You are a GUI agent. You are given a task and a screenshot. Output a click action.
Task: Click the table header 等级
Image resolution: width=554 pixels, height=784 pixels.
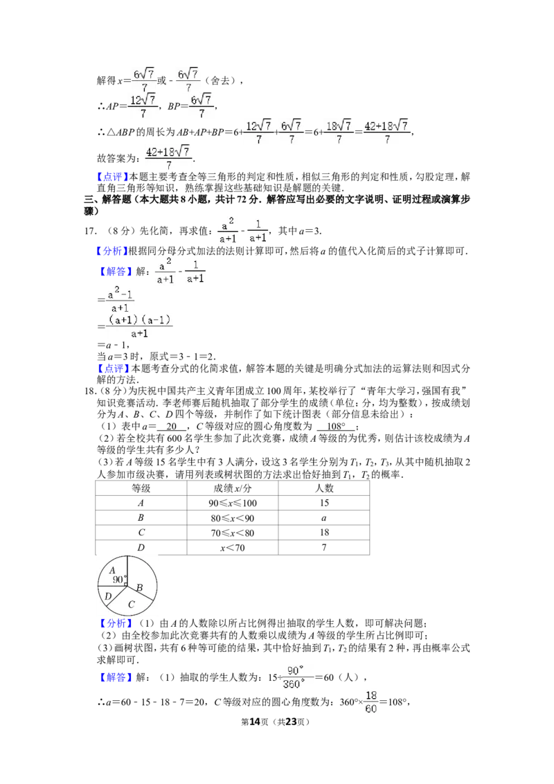click(141, 488)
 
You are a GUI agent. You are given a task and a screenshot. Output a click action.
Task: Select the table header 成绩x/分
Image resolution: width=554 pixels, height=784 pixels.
click(233, 488)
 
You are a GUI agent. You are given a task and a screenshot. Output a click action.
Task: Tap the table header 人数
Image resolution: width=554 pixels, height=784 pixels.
click(324, 488)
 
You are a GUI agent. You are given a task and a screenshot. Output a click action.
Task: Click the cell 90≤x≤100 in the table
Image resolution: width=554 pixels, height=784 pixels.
click(233, 503)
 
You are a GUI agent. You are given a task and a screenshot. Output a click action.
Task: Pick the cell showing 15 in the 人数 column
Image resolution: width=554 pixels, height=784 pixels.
click(324, 503)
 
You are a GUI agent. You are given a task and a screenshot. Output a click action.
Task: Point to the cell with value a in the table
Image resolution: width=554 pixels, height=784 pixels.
click(324, 518)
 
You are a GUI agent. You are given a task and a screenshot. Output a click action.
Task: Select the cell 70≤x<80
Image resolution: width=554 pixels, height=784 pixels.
click(233, 533)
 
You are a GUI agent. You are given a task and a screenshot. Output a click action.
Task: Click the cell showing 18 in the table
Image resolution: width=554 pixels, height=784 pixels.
click(324, 533)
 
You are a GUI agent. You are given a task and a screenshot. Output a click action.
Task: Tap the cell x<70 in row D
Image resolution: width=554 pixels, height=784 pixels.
click(233, 548)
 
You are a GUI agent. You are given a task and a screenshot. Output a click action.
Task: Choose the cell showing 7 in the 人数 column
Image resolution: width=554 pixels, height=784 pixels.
click(324, 548)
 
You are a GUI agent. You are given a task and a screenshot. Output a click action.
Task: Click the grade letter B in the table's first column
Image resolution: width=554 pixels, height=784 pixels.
click(141, 518)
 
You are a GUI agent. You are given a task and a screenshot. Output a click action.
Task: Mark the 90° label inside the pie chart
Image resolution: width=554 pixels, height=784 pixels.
click(118, 580)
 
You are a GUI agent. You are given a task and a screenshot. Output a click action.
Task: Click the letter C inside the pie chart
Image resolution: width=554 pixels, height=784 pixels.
click(131, 605)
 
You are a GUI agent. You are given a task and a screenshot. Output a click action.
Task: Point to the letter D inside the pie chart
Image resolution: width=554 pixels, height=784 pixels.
click(108, 596)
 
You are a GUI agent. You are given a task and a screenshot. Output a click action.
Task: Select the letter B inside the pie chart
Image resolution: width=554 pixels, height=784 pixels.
click(139, 588)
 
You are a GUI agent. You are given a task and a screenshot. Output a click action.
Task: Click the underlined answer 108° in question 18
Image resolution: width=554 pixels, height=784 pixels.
click(336, 427)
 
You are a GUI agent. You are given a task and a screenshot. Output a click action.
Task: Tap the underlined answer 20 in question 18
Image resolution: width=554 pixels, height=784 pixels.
click(172, 427)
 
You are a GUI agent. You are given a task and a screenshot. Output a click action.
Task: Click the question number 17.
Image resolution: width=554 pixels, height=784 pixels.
click(90, 231)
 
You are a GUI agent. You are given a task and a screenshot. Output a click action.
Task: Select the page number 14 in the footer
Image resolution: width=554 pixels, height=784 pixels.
click(255, 722)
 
